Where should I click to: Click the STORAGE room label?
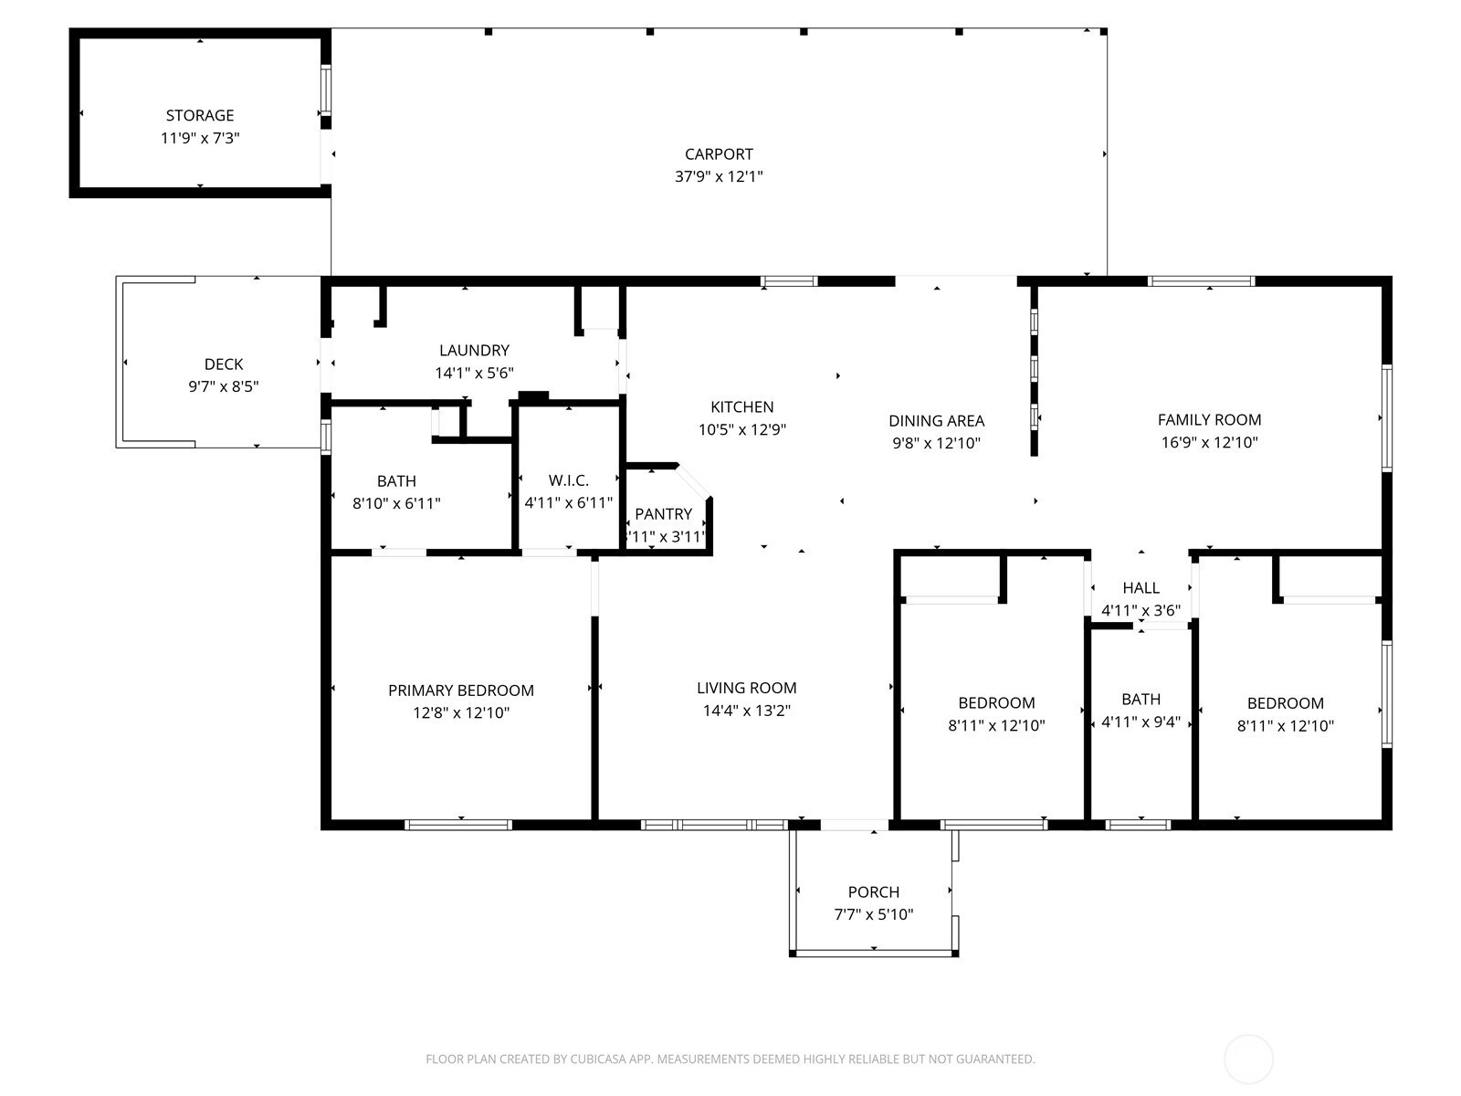[x=200, y=115]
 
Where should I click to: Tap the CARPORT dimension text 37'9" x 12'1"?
[x=719, y=176]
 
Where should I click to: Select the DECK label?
[x=224, y=364]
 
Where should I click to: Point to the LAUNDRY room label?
[x=474, y=350]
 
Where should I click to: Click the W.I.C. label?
[x=569, y=479]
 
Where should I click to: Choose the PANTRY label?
[x=663, y=513]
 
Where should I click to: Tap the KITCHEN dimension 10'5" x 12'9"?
[x=741, y=429]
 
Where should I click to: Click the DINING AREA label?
[x=936, y=420]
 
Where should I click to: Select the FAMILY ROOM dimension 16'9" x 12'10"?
[x=1209, y=443]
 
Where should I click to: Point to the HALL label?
[x=1140, y=587]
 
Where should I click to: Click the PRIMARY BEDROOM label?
[x=460, y=690]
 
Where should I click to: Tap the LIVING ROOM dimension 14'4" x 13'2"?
[x=746, y=711]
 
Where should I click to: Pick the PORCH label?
[x=873, y=891]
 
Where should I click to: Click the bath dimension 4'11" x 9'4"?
[x=1140, y=722]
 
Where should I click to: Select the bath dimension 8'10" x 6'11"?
[x=396, y=504]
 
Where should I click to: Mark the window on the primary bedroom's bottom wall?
[x=458, y=825]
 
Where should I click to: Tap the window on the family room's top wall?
[x=1202, y=280]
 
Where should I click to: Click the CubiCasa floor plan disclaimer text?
[x=730, y=1059]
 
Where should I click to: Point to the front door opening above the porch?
[x=854, y=825]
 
